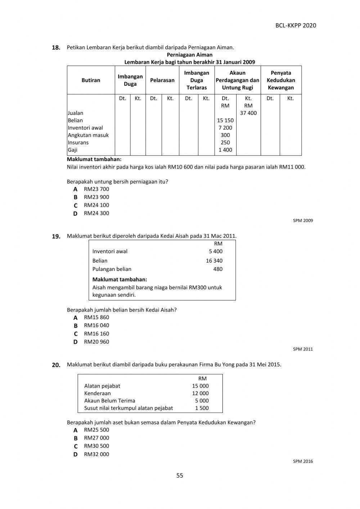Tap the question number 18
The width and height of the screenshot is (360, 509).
click(x=56, y=48)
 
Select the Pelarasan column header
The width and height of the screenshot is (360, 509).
click(x=162, y=80)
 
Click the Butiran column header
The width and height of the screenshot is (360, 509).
click(x=91, y=80)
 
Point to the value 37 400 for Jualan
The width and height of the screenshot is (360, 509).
click(x=248, y=113)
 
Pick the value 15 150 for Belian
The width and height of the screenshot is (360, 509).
click(x=225, y=120)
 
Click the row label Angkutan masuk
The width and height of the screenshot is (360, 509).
click(x=88, y=135)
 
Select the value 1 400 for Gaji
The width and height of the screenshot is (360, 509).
click(x=225, y=150)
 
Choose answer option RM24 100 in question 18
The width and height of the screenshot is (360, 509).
click(x=96, y=205)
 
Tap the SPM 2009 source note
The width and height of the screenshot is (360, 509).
click(x=303, y=220)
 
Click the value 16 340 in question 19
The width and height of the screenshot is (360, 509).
click(x=214, y=260)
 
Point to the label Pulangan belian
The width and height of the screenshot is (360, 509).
click(x=112, y=269)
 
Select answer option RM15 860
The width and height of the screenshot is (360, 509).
click(x=96, y=317)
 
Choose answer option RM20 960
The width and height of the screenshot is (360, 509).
click(x=96, y=341)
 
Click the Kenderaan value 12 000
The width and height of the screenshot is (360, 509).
click(x=200, y=393)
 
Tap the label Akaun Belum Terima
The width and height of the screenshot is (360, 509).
click(x=109, y=401)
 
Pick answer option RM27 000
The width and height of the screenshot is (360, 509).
click(x=96, y=438)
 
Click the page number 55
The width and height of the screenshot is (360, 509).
click(x=180, y=475)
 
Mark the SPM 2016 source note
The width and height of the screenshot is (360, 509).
click(x=303, y=461)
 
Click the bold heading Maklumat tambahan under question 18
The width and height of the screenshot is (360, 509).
click(x=94, y=159)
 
